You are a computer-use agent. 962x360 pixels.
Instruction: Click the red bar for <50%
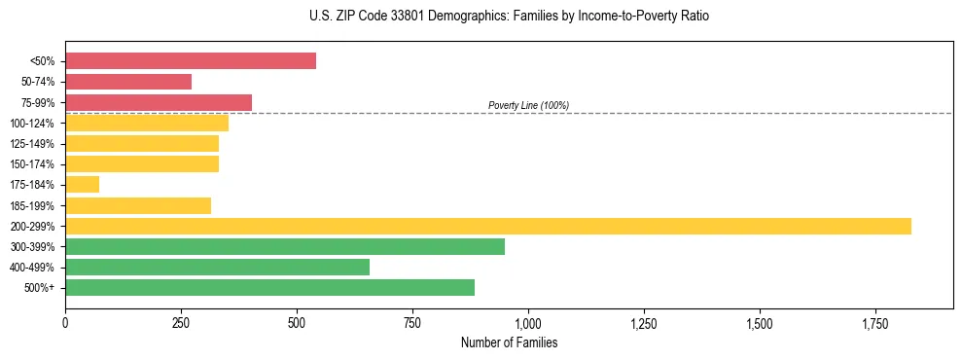[x=191, y=60]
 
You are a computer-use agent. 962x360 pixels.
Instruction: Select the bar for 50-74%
[x=128, y=82]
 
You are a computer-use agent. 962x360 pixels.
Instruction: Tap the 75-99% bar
[x=159, y=102]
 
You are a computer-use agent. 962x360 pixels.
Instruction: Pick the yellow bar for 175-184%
[x=83, y=185]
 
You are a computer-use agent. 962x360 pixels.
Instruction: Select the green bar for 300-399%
[x=285, y=246]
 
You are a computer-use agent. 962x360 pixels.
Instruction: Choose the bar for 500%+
[x=269, y=288]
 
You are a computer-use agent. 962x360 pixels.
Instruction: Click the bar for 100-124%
[x=147, y=123]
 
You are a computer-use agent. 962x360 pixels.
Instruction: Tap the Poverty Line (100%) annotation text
[x=528, y=105]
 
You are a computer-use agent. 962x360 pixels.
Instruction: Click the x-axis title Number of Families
[x=509, y=343]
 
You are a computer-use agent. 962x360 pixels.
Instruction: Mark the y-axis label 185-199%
[x=32, y=205]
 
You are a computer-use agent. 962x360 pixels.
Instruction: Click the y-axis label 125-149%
[x=32, y=144]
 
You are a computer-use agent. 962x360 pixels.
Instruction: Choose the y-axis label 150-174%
[x=32, y=164]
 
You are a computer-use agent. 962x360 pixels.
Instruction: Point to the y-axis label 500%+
[x=40, y=288]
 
